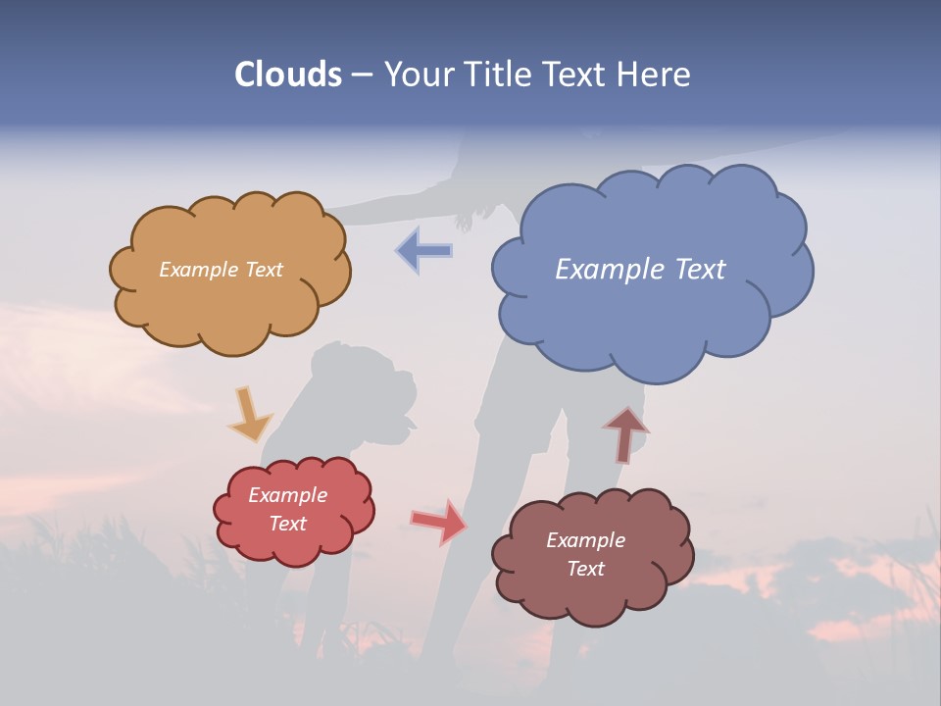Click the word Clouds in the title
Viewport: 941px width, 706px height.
287,75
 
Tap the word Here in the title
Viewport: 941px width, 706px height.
656,75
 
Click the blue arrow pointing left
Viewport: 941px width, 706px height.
424,250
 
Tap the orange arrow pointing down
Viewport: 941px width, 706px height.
249,414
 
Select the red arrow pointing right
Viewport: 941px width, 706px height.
438,521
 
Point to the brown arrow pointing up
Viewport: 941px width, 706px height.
625,434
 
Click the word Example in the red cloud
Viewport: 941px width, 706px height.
288,495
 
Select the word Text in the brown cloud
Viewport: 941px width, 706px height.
586,569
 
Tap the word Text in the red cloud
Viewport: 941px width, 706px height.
288,524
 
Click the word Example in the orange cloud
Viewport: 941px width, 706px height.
198,270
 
